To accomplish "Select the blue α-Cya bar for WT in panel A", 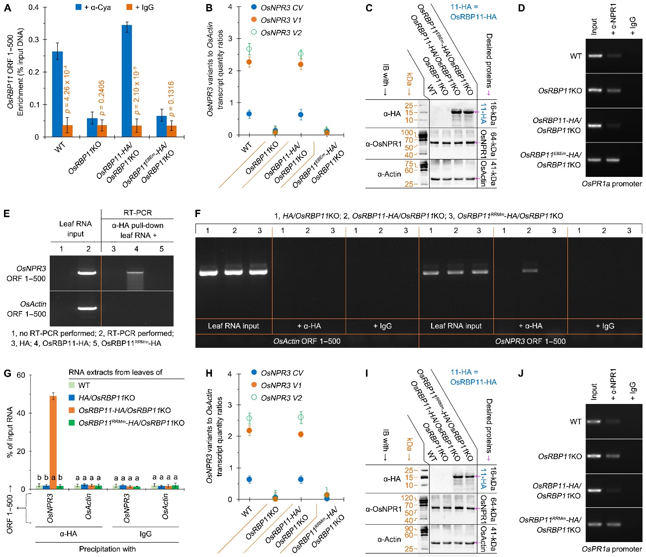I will coord(57,94).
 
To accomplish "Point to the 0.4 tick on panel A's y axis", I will coord(34,7).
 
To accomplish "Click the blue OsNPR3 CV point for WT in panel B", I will coord(249,114).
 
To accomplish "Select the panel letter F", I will coord(198,214).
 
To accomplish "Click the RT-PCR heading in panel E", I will coord(137,213).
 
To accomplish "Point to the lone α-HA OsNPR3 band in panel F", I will coord(529,270).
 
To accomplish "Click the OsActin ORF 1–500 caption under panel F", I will coord(307,341).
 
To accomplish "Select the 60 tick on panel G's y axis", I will coord(21,375).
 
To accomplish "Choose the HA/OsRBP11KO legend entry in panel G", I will coord(106,398).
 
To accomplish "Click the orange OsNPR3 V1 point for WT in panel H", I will coord(249,430).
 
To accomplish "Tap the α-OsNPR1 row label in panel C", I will coord(383,144).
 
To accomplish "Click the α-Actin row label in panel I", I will coord(389,539).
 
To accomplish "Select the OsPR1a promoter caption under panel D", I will coord(612,184).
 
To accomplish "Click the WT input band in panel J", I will coord(594,421).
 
